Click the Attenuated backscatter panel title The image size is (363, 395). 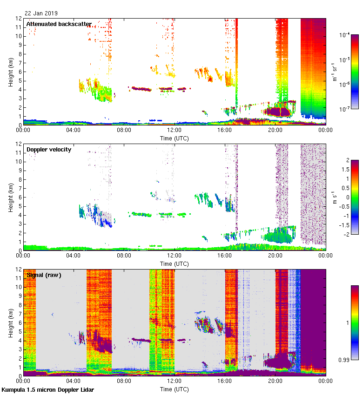tap(59, 24)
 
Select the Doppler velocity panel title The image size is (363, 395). tap(49, 149)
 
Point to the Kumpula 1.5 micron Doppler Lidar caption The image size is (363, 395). tap(47, 389)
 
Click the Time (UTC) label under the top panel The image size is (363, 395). tap(175, 138)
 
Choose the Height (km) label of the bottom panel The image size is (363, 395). tap(10, 323)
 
